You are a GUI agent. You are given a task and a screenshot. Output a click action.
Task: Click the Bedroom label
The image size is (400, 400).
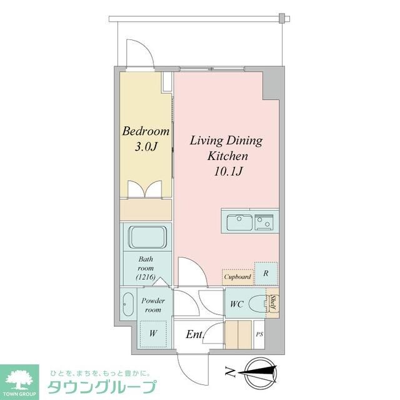click(x=146, y=132)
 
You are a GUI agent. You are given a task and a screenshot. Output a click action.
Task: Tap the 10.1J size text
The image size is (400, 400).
click(x=225, y=169)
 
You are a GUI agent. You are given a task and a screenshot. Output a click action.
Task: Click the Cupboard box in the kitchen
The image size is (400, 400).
click(x=237, y=276)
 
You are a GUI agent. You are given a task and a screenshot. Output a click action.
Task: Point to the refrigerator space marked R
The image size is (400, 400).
click(x=266, y=272)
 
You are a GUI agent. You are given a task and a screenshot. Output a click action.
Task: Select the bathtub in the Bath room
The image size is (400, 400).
click(x=147, y=238)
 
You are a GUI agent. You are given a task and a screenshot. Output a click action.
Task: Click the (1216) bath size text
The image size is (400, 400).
click(x=146, y=277)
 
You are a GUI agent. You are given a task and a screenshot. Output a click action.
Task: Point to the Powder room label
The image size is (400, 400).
click(x=153, y=304)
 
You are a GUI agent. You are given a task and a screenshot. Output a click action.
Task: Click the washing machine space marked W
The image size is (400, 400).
click(x=152, y=333)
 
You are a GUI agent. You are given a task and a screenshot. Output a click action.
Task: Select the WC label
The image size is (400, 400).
click(x=236, y=304)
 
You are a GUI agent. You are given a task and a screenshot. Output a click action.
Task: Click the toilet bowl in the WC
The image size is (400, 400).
click(x=258, y=305)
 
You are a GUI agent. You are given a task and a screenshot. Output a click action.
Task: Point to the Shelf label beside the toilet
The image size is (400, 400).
click(x=273, y=304)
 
